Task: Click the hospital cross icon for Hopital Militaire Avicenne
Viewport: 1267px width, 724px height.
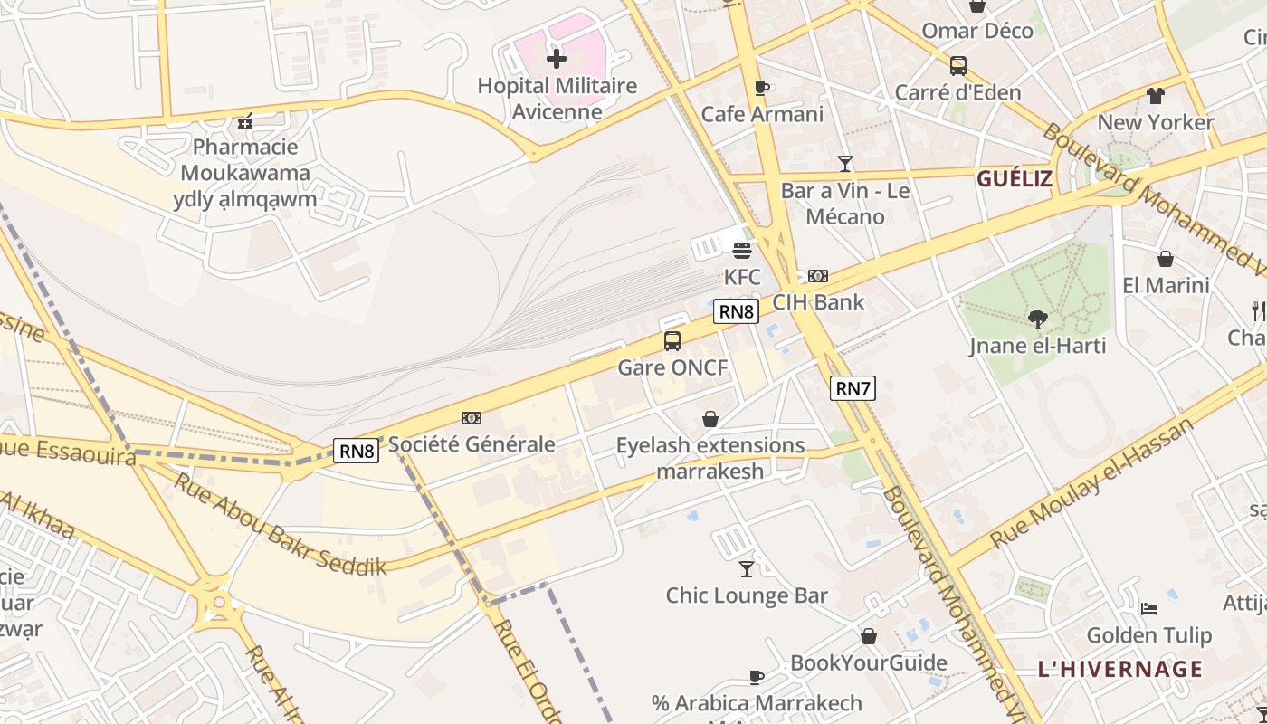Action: pyautogui.click(x=556, y=60)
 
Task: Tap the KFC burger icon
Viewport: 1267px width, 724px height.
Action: pyautogui.click(x=742, y=251)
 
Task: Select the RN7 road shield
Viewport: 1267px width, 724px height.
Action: pyautogui.click(x=853, y=388)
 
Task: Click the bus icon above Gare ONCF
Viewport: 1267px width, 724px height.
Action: pyautogui.click(x=672, y=341)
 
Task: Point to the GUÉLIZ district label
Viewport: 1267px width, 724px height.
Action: pyautogui.click(x=1014, y=178)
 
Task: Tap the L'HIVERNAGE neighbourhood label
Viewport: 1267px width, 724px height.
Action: pyautogui.click(x=1119, y=670)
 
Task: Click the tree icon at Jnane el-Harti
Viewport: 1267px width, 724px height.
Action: pyautogui.click(x=1037, y=319)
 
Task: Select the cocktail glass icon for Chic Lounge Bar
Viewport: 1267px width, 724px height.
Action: pyautogui.click(x=747, y=568)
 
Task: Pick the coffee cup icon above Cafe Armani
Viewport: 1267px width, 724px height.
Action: pyautogui.click(x=762, y=88)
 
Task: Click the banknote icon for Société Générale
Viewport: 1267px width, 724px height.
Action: pyautogui.click(x=471, y=418)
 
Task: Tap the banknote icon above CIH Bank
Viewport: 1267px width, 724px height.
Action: pyautogui.click(x=818, y=276)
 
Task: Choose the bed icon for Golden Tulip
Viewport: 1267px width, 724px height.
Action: pyautogui.click(x=1148, y=608)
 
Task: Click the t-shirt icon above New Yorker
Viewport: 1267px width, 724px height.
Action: pyautogui.click(x=1155, y=96)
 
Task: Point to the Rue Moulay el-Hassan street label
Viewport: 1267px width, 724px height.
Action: pyautogui.click(x=1092, y=484)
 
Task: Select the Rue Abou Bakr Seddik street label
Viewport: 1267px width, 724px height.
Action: pyautogui.click(x=280, y=525)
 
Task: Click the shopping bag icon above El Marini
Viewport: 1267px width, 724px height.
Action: pyautogui.click(x=1165, y=259)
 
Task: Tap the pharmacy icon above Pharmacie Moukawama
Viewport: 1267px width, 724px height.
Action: pyautogui.click(x=244, y=120)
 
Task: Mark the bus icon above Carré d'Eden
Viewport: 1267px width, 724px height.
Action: pyautogui.click(x=957, y=66)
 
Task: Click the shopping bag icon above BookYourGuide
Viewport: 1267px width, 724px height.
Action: pyautogui.click(x=868, y=636)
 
